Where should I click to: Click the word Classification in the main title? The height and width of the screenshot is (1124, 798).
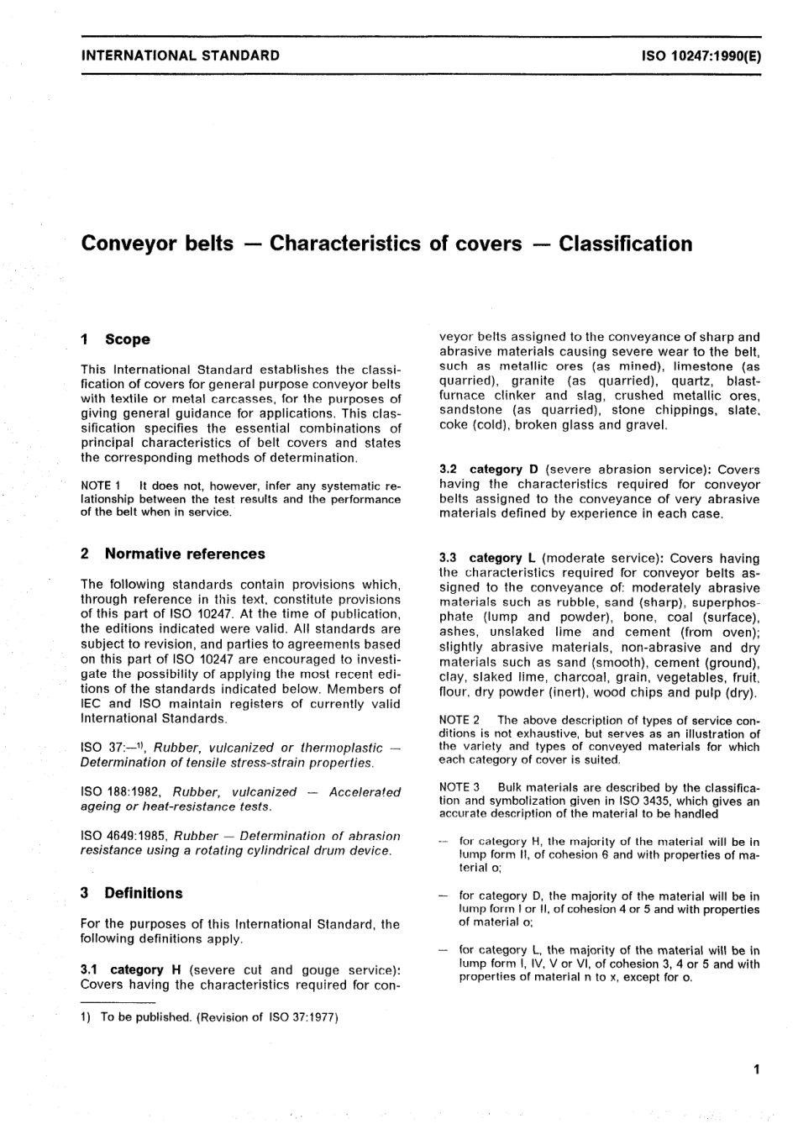[x=626, y=244]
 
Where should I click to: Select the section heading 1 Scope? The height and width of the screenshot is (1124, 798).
[x=115, y=339]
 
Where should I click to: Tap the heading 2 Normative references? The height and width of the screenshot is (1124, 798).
[x=172, y=554]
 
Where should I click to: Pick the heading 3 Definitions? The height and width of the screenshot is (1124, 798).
[x=131, y=893]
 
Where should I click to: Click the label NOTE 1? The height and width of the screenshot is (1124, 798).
[x=102, y=486]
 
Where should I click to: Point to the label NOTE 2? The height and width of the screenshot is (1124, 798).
[x=459, y=720]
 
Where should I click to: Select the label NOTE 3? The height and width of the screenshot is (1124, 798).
[x=459, y=787]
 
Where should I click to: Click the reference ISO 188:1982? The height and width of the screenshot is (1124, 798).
[x=123, y=792]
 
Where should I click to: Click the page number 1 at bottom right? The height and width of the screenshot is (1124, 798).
[x=756, y=1069]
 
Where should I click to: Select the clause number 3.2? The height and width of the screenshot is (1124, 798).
[x=449, y=470]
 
